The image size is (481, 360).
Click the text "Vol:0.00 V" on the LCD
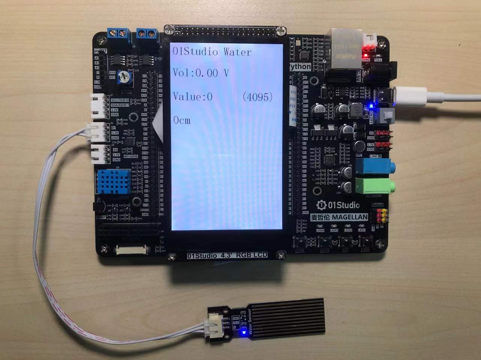[x=201, y=72]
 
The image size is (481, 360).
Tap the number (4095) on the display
[x=257, y=97]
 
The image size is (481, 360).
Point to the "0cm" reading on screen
[x=182, y=121]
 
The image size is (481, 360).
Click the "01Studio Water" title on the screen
[x=212, y=51]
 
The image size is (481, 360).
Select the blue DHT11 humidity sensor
[x=113, y=181]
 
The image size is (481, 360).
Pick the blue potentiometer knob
[x=123, y=77]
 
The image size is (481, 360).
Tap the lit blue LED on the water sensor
[x=244, y=332]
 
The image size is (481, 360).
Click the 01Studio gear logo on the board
[x=321, y=205]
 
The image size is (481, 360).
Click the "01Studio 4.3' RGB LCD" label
[x=227, y=256]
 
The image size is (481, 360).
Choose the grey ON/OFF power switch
[x=387, y=116]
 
